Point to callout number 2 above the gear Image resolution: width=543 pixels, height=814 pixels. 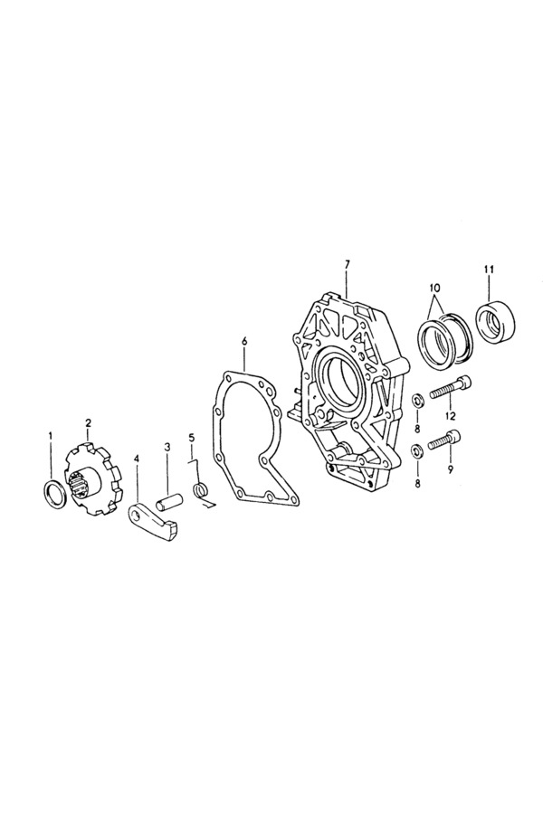point(88,422)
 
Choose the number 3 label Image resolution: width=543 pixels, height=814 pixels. point(167,446)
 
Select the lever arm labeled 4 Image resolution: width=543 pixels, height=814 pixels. point(155,525)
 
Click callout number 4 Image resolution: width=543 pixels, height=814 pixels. point(137,459)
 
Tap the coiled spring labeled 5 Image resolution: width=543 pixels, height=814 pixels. point(200,489)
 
